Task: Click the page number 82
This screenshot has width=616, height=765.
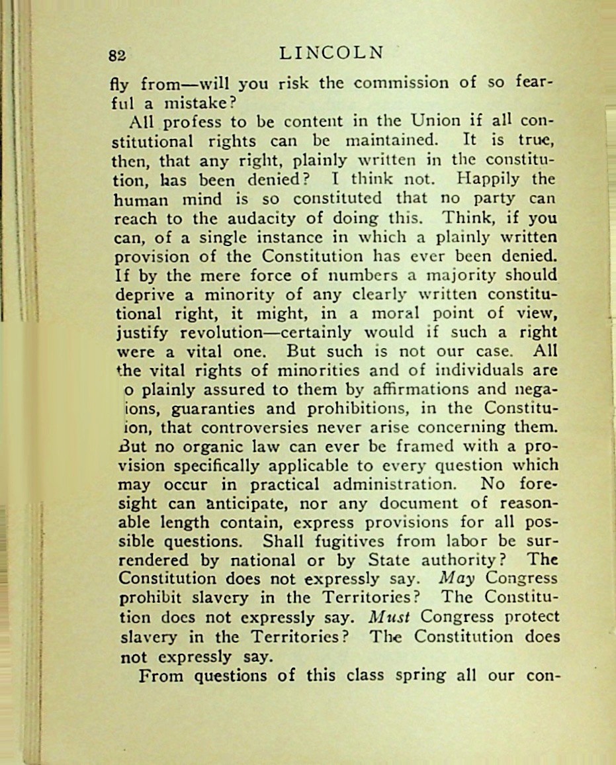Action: point(118,56)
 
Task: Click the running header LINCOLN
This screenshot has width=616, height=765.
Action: point(331,53)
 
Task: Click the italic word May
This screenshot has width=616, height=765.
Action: point(457,578)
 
